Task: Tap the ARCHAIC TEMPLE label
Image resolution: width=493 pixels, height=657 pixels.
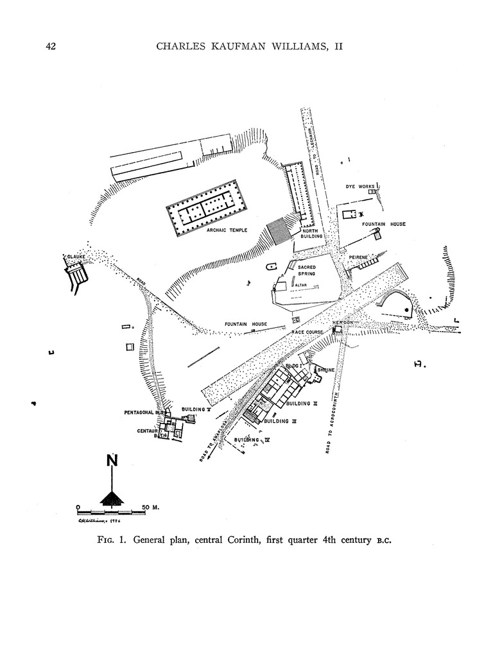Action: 227,230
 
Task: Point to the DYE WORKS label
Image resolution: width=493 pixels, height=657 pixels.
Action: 359,187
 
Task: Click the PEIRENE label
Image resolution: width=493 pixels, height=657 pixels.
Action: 358,257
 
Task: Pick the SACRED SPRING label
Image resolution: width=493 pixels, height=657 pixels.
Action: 306,270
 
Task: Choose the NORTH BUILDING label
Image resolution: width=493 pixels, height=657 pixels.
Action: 314,234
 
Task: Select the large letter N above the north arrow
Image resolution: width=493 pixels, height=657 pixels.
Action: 112,461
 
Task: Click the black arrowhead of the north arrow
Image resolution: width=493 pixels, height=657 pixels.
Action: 112,498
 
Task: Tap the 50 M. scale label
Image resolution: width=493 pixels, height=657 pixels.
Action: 150,507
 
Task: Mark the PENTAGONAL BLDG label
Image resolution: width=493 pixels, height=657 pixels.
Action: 145,413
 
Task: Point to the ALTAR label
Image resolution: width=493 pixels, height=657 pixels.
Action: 302,284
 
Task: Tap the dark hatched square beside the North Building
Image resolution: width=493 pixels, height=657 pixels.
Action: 279,230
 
